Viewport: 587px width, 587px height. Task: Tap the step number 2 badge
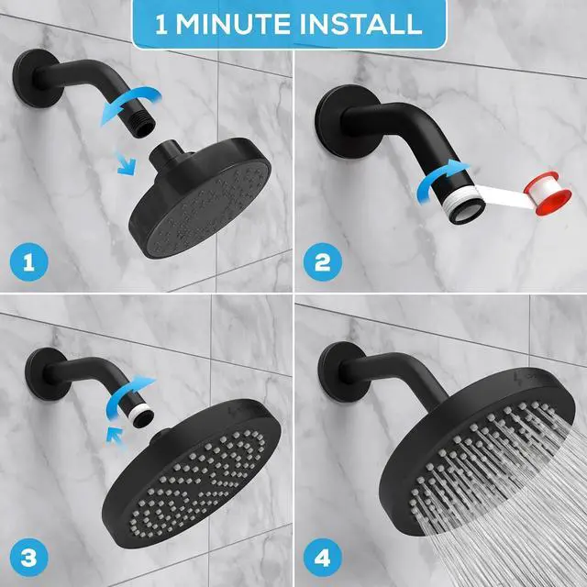[x=322, y=264]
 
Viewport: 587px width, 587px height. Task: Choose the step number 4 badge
[x=322, y=557]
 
